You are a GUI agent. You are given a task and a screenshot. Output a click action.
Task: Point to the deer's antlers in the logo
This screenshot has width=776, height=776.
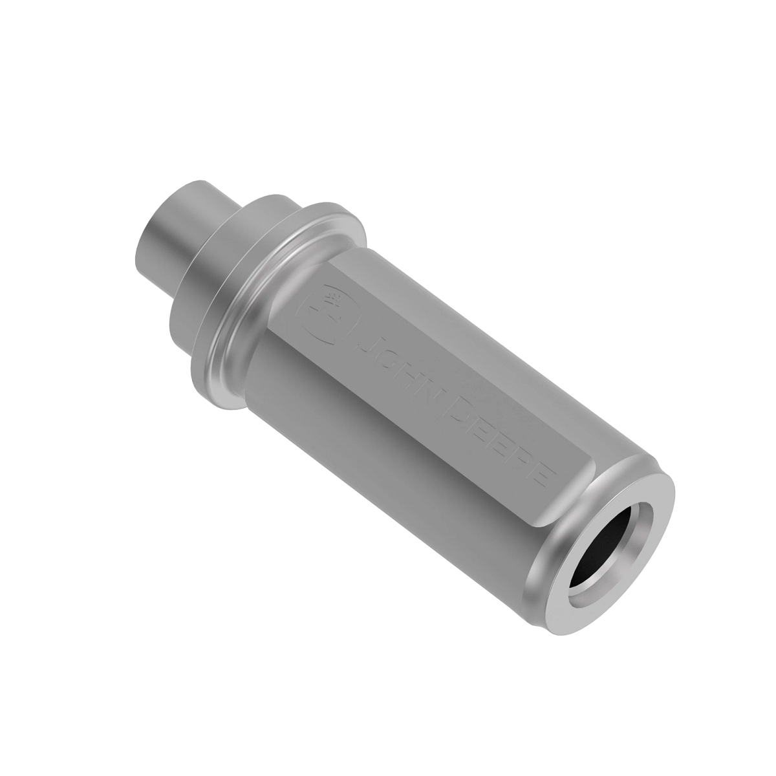point(334,300)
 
